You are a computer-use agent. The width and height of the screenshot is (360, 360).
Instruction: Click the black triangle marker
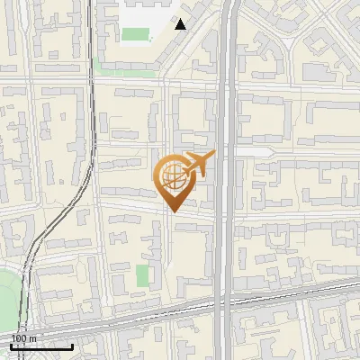pos(181,24)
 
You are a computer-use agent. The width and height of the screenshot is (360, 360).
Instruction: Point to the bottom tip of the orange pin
pos(173,211)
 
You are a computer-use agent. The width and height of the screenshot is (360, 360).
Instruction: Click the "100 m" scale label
pos(22,337)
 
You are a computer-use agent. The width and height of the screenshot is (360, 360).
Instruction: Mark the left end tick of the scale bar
pos(10,345)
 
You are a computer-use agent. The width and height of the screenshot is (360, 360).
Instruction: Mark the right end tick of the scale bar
pos(73,345)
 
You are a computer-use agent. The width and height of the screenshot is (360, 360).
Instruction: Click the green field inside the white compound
pos(135,35)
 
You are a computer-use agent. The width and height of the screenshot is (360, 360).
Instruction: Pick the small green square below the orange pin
pos(142,274)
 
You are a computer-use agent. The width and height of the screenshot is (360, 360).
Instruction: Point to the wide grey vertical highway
pos(226,180)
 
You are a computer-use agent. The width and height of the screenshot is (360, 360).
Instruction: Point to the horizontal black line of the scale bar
pos(41,346)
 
